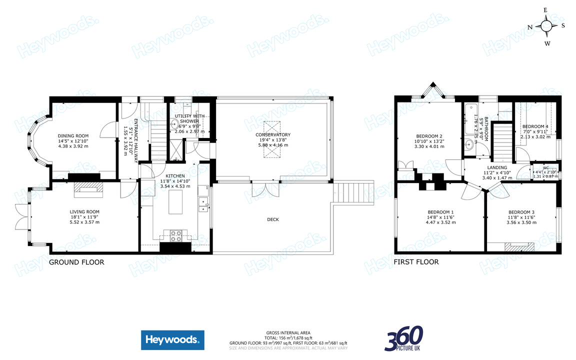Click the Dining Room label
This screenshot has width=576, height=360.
click(x=73, y=135)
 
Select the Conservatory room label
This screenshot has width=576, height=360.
click(x=273, y=134)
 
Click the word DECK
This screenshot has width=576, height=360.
click(x=273, y=219)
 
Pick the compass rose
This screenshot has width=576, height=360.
click(x=547, y=26)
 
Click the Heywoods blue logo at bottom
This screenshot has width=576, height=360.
click(x=172, y=340)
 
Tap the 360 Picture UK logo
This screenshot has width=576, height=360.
click(x=404, y=338)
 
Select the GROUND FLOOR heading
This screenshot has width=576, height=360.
click(x=76, y=262)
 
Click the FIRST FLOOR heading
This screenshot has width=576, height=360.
click(x=416, y=262)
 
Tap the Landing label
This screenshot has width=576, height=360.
click(x=497, y=167)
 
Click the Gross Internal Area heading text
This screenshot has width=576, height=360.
click(x=288, y=332)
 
